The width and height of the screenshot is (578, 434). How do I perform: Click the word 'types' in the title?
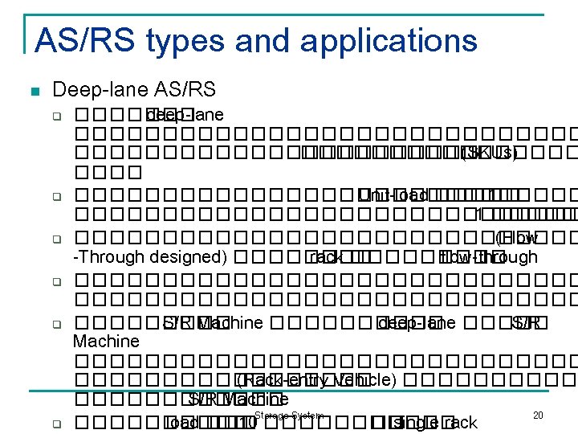(x=168, y=40)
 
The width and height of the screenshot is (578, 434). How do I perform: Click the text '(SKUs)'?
(x=488, y=153)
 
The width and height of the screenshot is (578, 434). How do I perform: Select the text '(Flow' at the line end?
(x=517, y=237)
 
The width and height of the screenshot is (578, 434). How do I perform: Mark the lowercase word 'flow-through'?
(x=489, y=257)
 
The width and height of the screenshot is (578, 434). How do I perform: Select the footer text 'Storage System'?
(x=288, y=415)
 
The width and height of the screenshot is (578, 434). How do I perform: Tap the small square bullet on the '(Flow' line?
(x=57, y=239)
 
